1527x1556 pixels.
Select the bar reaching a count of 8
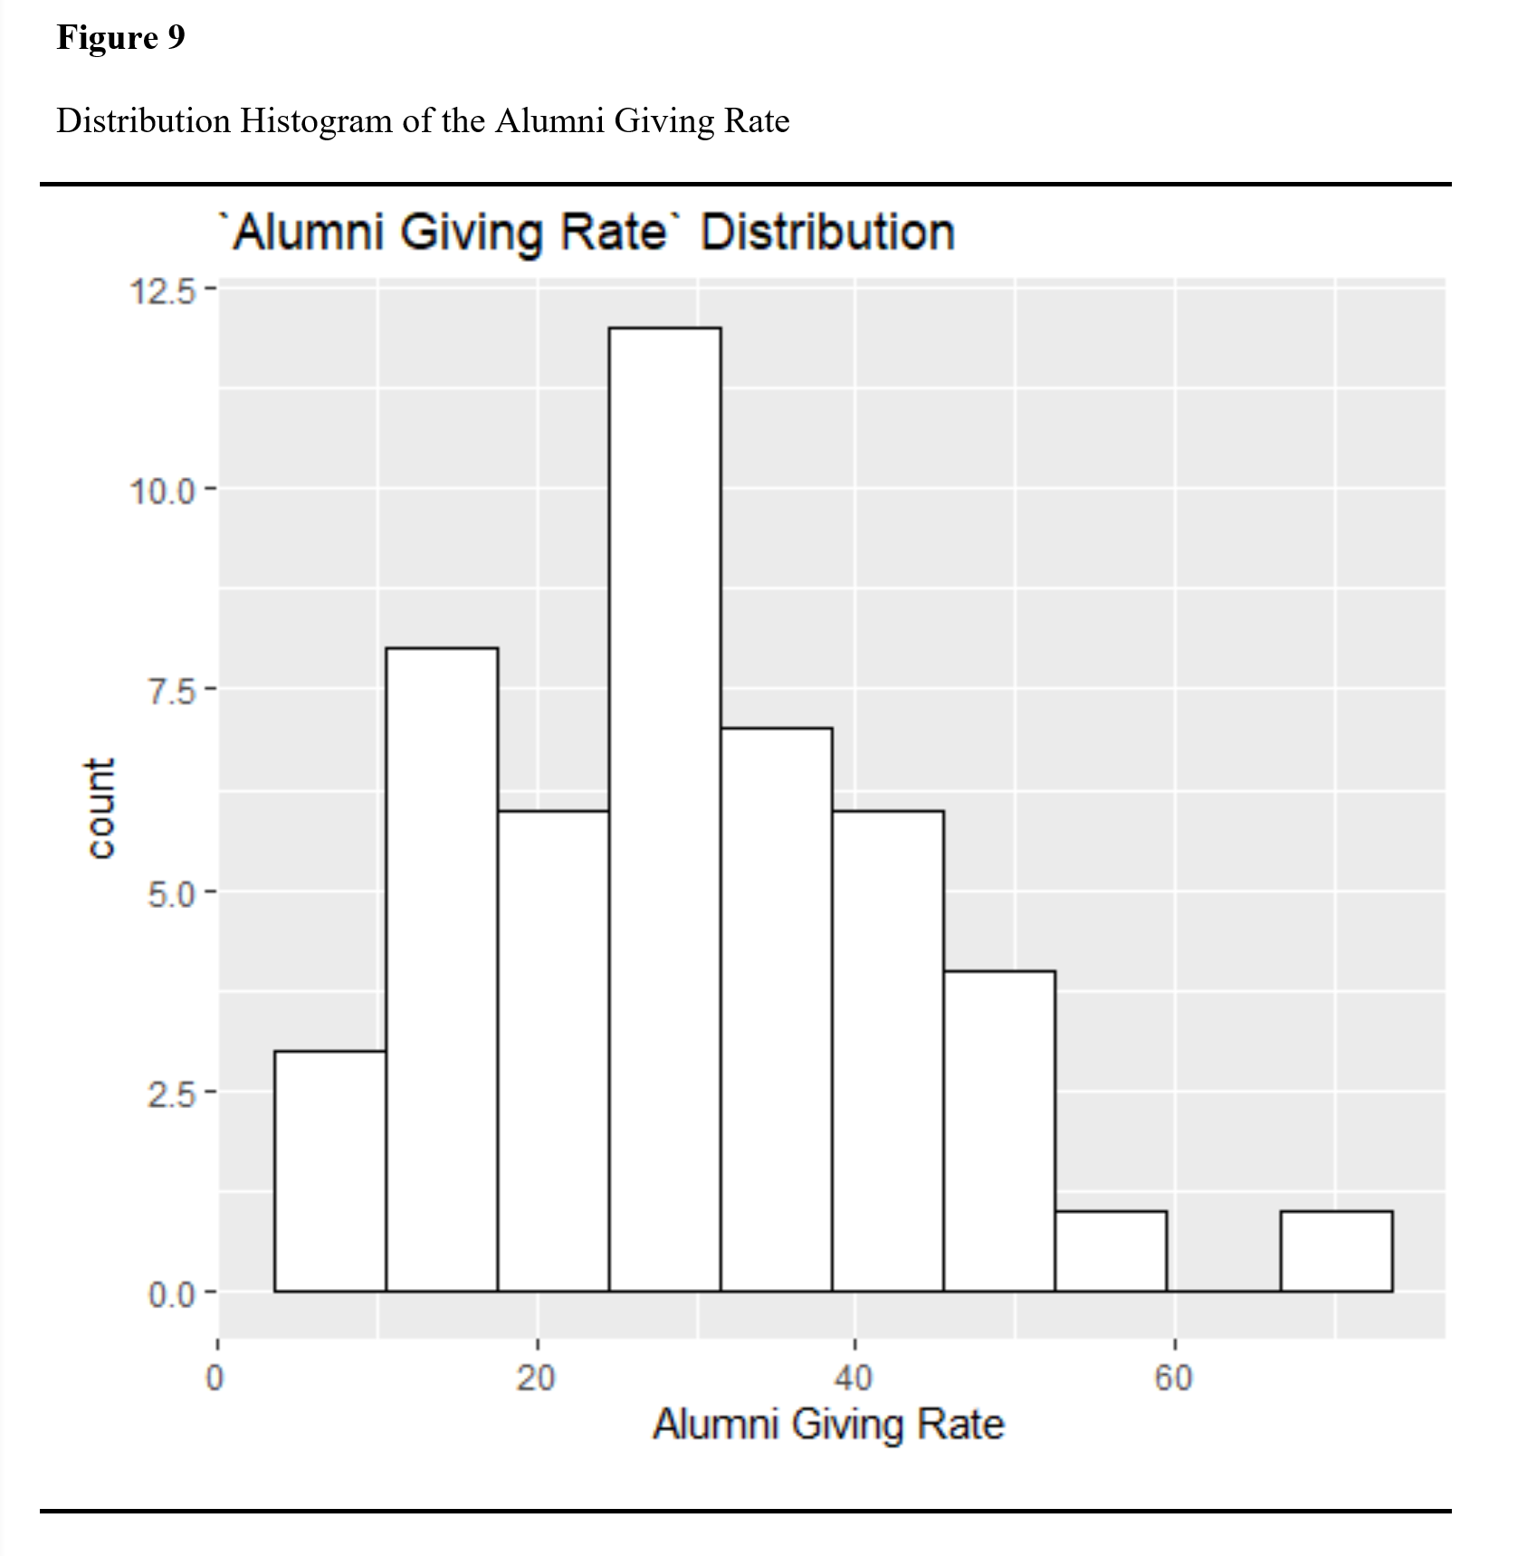(x=442, y=969)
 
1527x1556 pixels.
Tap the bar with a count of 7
(x=776, y=1008)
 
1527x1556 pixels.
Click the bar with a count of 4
(x=999, y=1131)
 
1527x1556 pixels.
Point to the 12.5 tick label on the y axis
(x=162, y=291)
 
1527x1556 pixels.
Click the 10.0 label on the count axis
(x=162, y=492)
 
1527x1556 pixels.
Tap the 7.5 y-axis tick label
(x=171, y=692)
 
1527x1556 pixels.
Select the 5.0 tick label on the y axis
(x=171, y=893)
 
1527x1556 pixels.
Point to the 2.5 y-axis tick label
(x=171, y=1094)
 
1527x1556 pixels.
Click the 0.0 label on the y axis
(x=171, y=1294)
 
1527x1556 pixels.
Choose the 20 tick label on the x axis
(x=536, y=1378)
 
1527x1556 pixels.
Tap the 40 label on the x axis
(x=854, y=1378)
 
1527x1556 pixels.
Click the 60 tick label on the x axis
(x=1173, y=1378)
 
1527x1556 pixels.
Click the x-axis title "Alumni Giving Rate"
(x=828, y=1424)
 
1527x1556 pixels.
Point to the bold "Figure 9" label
(x=120, y=37)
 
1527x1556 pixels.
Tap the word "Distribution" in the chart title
(x=827, y=232)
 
